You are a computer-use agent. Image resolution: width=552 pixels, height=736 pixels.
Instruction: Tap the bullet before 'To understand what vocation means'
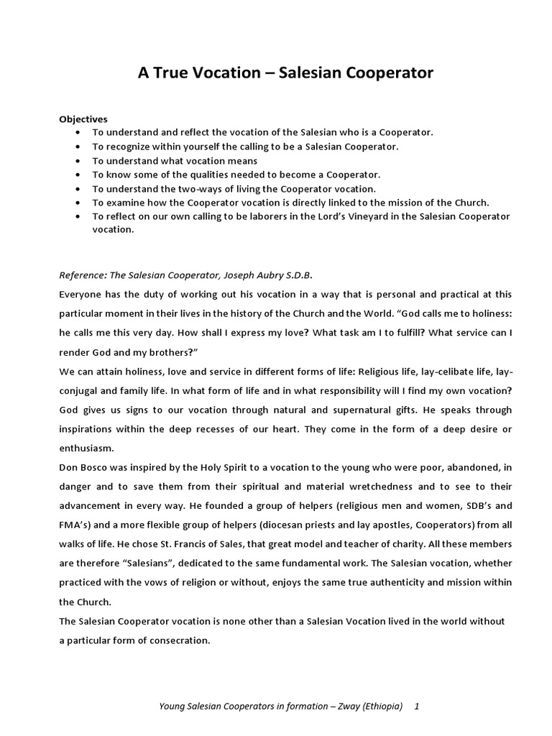click(x=78, y=161)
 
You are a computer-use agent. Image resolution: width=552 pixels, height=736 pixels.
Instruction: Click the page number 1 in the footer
click(x=417, y=707)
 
